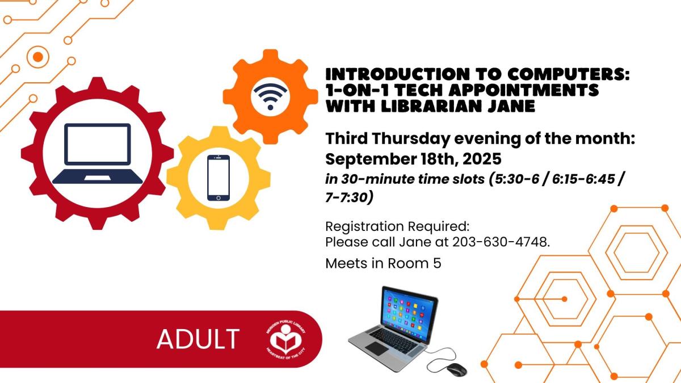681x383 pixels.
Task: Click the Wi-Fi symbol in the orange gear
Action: pos(270,96)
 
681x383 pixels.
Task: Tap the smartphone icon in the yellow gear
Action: pos(218,178)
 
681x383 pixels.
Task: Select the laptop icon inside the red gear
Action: pos(97,154)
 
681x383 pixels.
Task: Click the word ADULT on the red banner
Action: pos(198,339)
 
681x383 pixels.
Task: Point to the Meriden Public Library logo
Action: pos(286,339)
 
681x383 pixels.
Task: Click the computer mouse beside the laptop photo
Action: pos(456,369)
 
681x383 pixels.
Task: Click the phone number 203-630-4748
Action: pos(501,242)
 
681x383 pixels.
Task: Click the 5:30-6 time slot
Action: pos(517,179)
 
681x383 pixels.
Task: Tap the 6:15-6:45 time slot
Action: pos(583,179)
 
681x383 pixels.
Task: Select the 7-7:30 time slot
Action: pos(347,198)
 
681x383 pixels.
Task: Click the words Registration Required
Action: pos(397,226)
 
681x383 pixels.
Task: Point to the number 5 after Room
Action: pos(437,263)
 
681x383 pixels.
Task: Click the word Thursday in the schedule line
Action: pos(411,139)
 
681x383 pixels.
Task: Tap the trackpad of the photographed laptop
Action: pos(377,348)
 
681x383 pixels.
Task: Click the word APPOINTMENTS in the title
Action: pos(523,90)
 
